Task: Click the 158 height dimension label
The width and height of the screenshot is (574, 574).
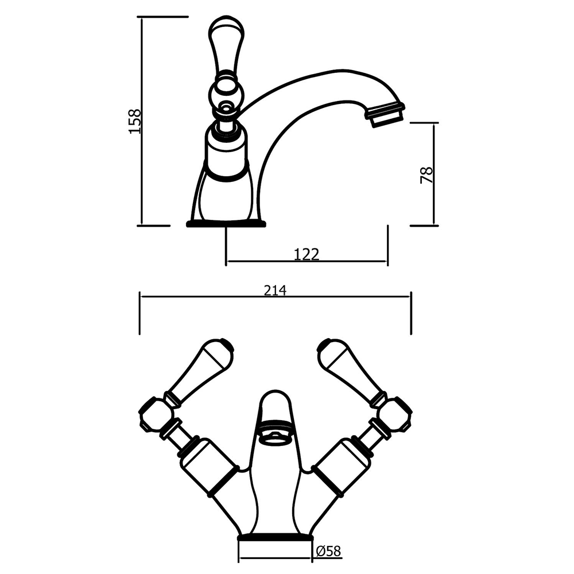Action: pyautogui.click(x=134, y=121)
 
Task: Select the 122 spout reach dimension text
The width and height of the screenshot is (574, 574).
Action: pyautogui.click(x=307, y=254)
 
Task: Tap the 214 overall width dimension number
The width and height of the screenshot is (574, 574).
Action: pyautogui.click(x=275, y=290)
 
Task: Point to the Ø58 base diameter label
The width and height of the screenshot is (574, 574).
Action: pyautogui.click(x=328, y=552)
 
